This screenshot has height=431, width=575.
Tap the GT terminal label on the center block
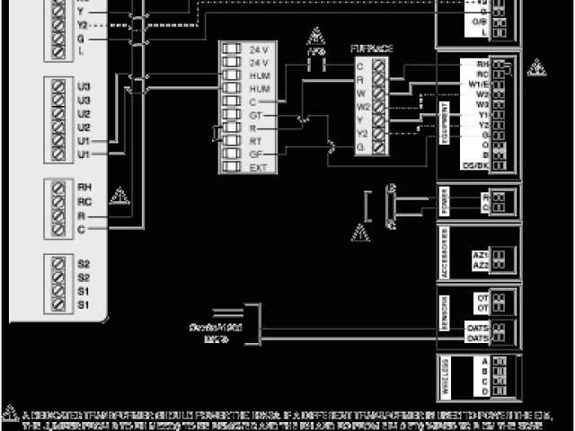pyautogui.click(x=257, y=116)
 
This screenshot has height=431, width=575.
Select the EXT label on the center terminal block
pyautogui.click(x=258, y=167)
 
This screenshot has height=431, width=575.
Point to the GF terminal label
pyautogui.click(x=257, y=154)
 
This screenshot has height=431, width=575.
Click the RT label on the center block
pyautogui.click(x=257, y=141)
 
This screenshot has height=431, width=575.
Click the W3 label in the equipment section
pyautogui.click(x=483, y=104)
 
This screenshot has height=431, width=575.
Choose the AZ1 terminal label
pyautogui.click(x=480, y=255)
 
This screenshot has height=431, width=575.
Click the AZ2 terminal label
pyautogui.click(x=480, y=266)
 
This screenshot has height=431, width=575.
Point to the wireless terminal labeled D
pyautogui.click(x=485, y=391)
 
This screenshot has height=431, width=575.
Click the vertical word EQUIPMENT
pyautogui.click(x=447, y=116)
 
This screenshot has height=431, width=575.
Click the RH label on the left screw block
pyautogui.click(x=85, y=187)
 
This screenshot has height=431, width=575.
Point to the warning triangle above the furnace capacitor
pyautogui.click(x=314, y=37)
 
